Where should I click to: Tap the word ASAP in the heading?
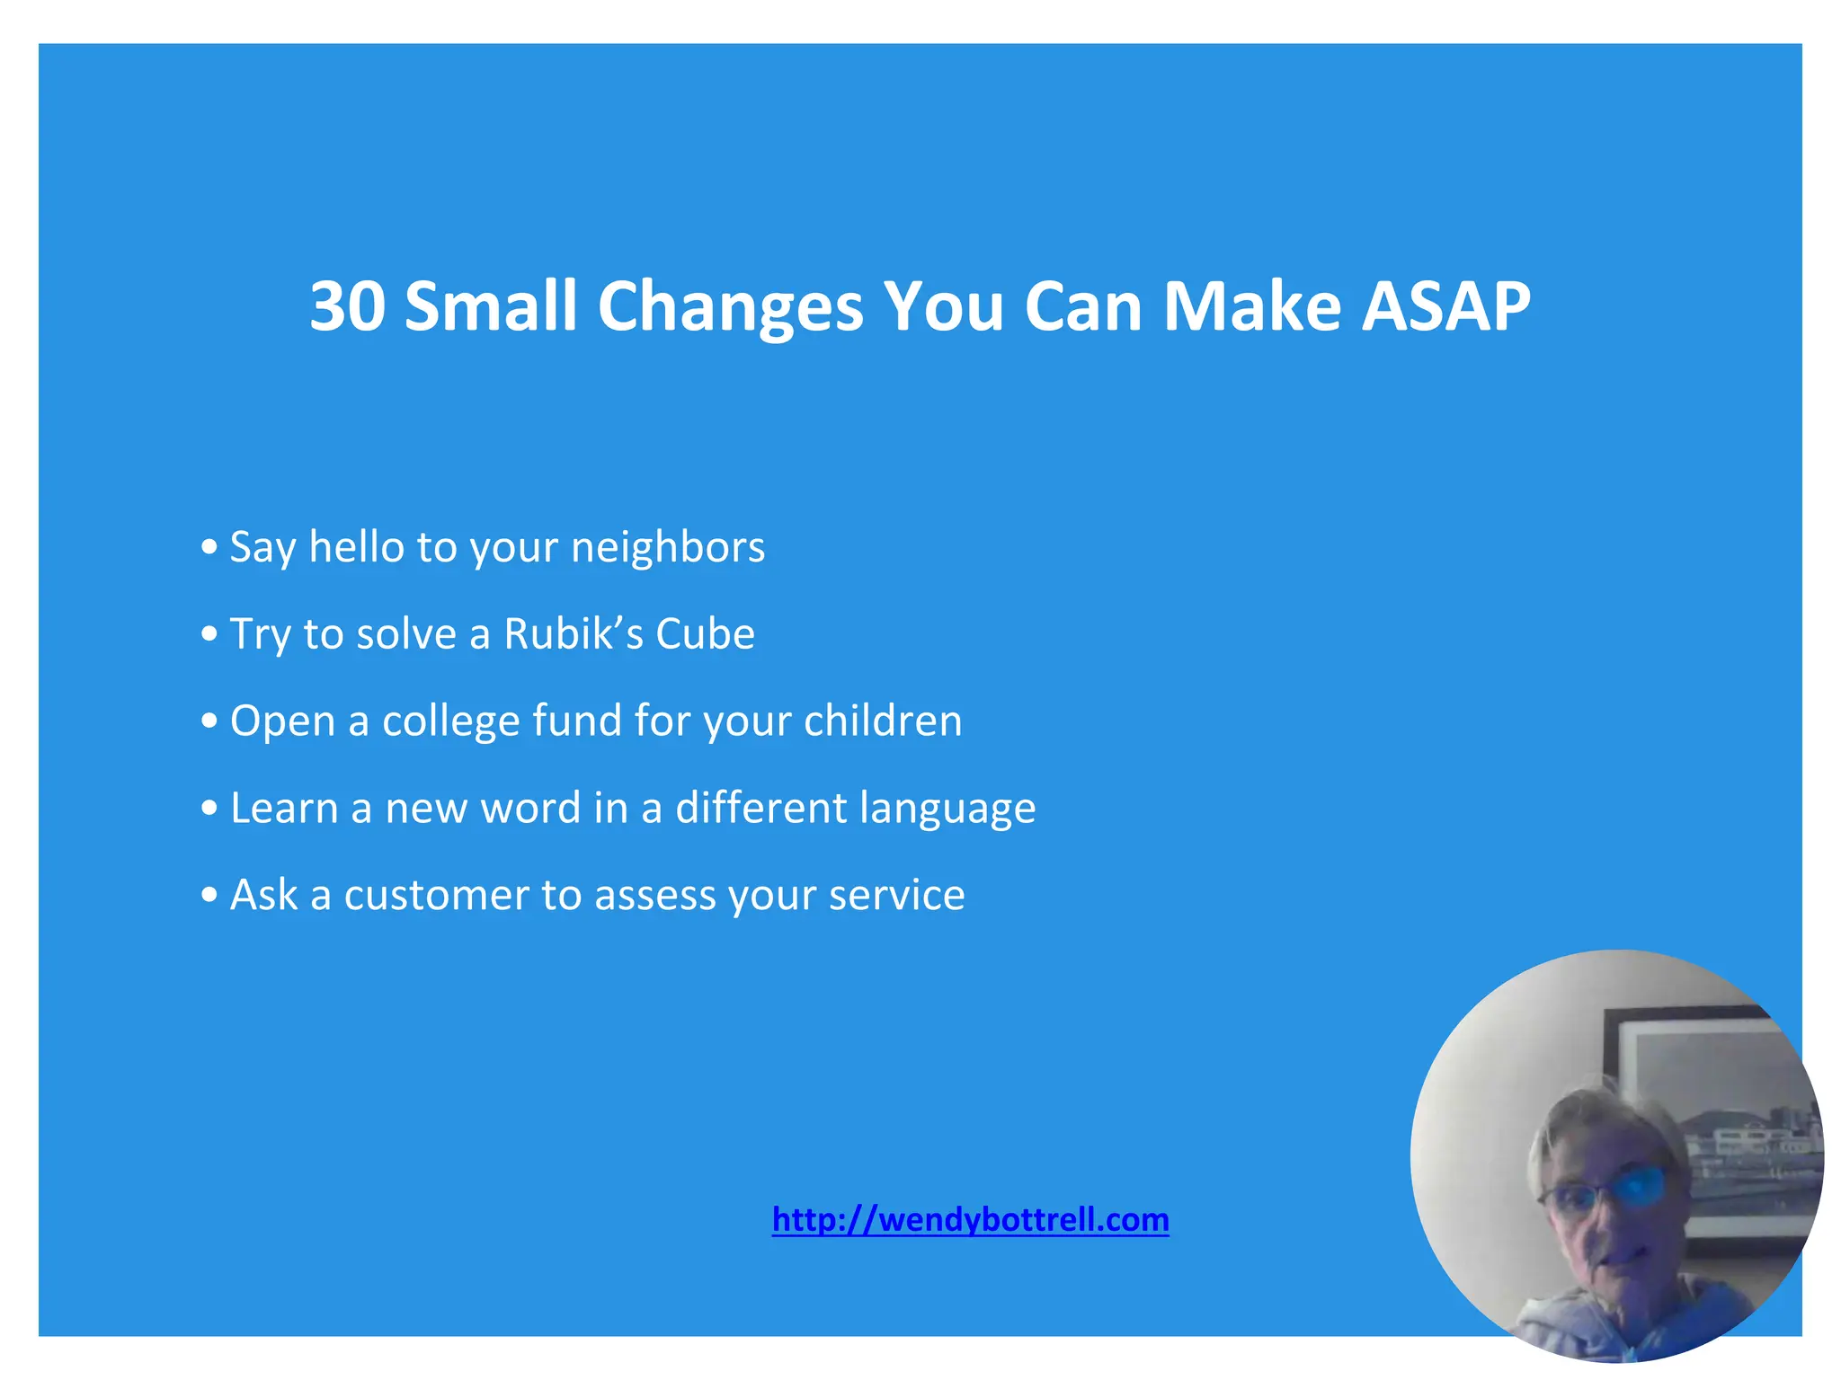[x=1445, y=306]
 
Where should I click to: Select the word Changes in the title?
[x=730, y=306]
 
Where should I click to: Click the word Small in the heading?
[x=490, y=306]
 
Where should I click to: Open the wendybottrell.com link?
[x=970, y=1220]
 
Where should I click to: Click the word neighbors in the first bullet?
[x=668, y=546]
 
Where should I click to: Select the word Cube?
[x=705, y=633]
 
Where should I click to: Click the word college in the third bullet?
[x=451, y=721]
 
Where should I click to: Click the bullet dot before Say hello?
[x=209, y=547]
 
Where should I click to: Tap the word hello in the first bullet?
[x=356, y=546]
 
